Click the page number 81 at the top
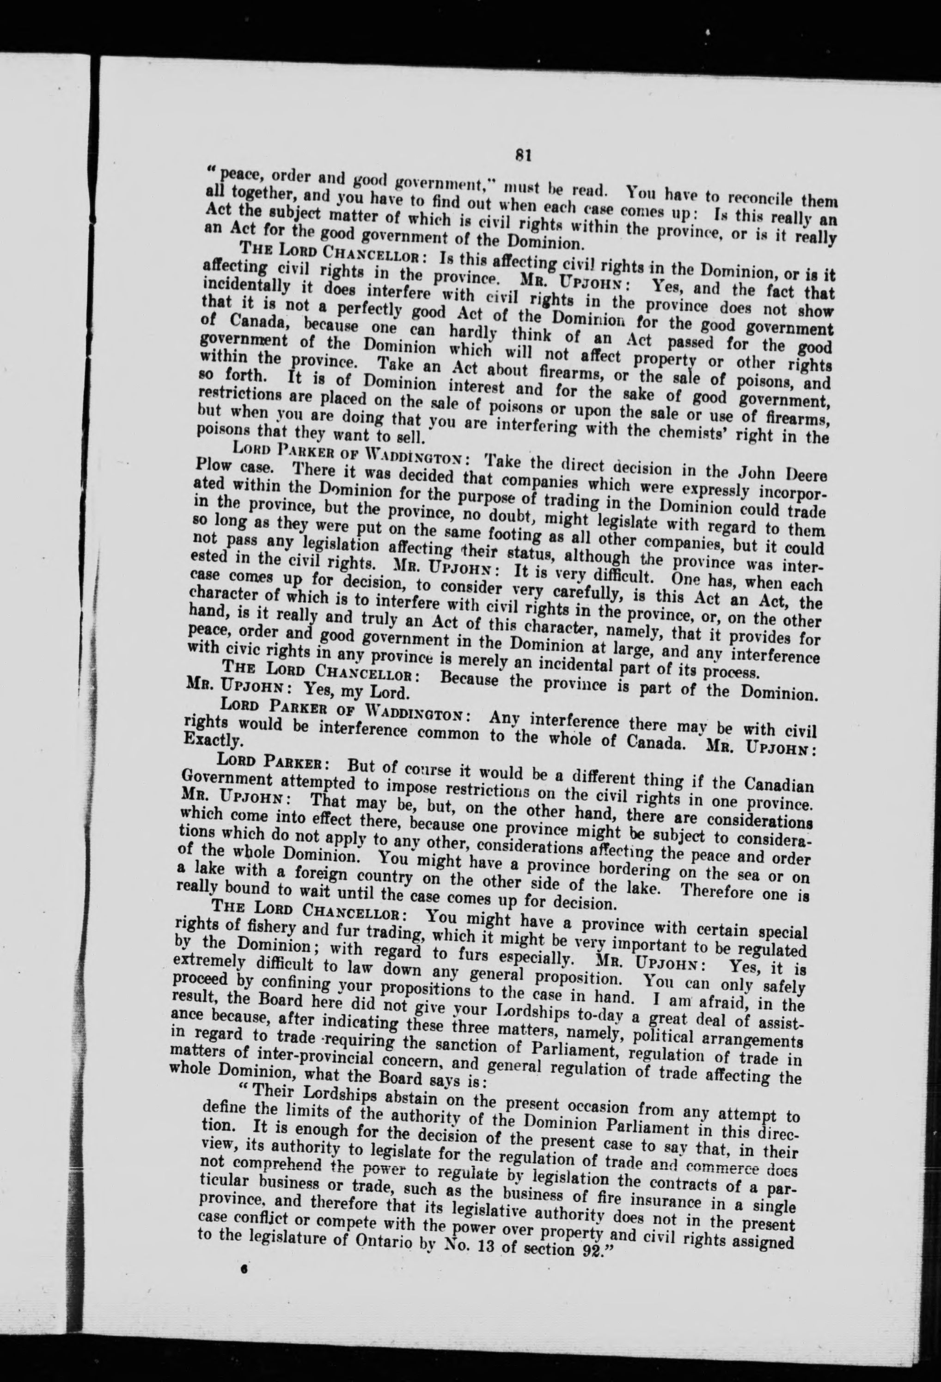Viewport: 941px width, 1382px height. [x=524, y=156]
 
